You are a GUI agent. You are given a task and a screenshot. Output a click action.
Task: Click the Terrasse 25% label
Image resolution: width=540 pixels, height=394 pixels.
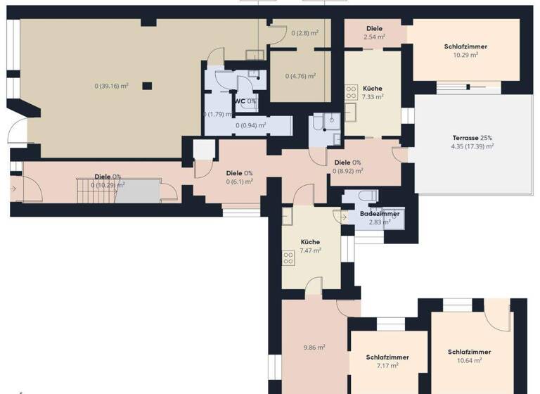coord(472,138)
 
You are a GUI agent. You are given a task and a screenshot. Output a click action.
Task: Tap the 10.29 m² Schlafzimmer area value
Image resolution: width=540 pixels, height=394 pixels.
coord(465,55)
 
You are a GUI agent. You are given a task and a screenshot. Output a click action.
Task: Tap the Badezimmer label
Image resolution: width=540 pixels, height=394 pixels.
coord(380,213)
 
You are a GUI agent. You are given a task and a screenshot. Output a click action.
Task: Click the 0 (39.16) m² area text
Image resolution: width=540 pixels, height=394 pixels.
coord(111,87)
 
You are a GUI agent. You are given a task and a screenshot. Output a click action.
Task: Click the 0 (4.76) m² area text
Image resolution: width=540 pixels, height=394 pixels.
coord(300,76)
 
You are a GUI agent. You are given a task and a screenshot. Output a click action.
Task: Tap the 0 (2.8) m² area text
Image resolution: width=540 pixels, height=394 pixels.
coord(304,32)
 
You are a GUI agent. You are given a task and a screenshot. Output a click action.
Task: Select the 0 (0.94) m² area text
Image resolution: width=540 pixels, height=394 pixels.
coord(251,126)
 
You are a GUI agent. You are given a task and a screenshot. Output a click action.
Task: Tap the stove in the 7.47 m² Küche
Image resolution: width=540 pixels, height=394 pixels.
coord(288,258)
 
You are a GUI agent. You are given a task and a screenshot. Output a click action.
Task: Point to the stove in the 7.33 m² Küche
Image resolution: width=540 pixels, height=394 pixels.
coord(351,92)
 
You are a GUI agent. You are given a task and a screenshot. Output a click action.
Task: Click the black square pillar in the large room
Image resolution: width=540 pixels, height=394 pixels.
coord(147,86)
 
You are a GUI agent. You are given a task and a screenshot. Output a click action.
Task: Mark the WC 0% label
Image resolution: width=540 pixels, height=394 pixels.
coord(245,101)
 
